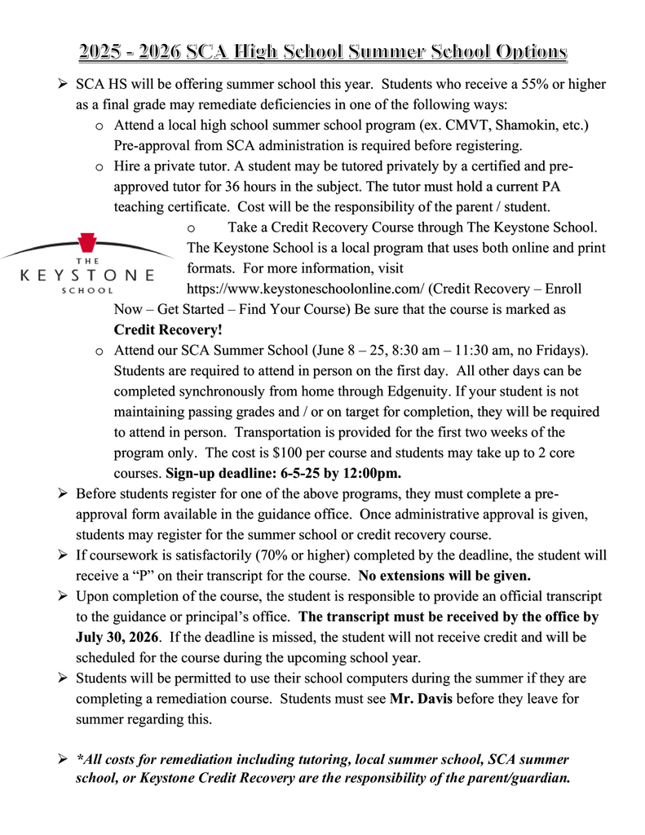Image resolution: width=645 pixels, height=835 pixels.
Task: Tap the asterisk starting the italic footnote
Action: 79,759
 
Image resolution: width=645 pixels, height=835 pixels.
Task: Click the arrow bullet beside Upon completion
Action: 63,595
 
